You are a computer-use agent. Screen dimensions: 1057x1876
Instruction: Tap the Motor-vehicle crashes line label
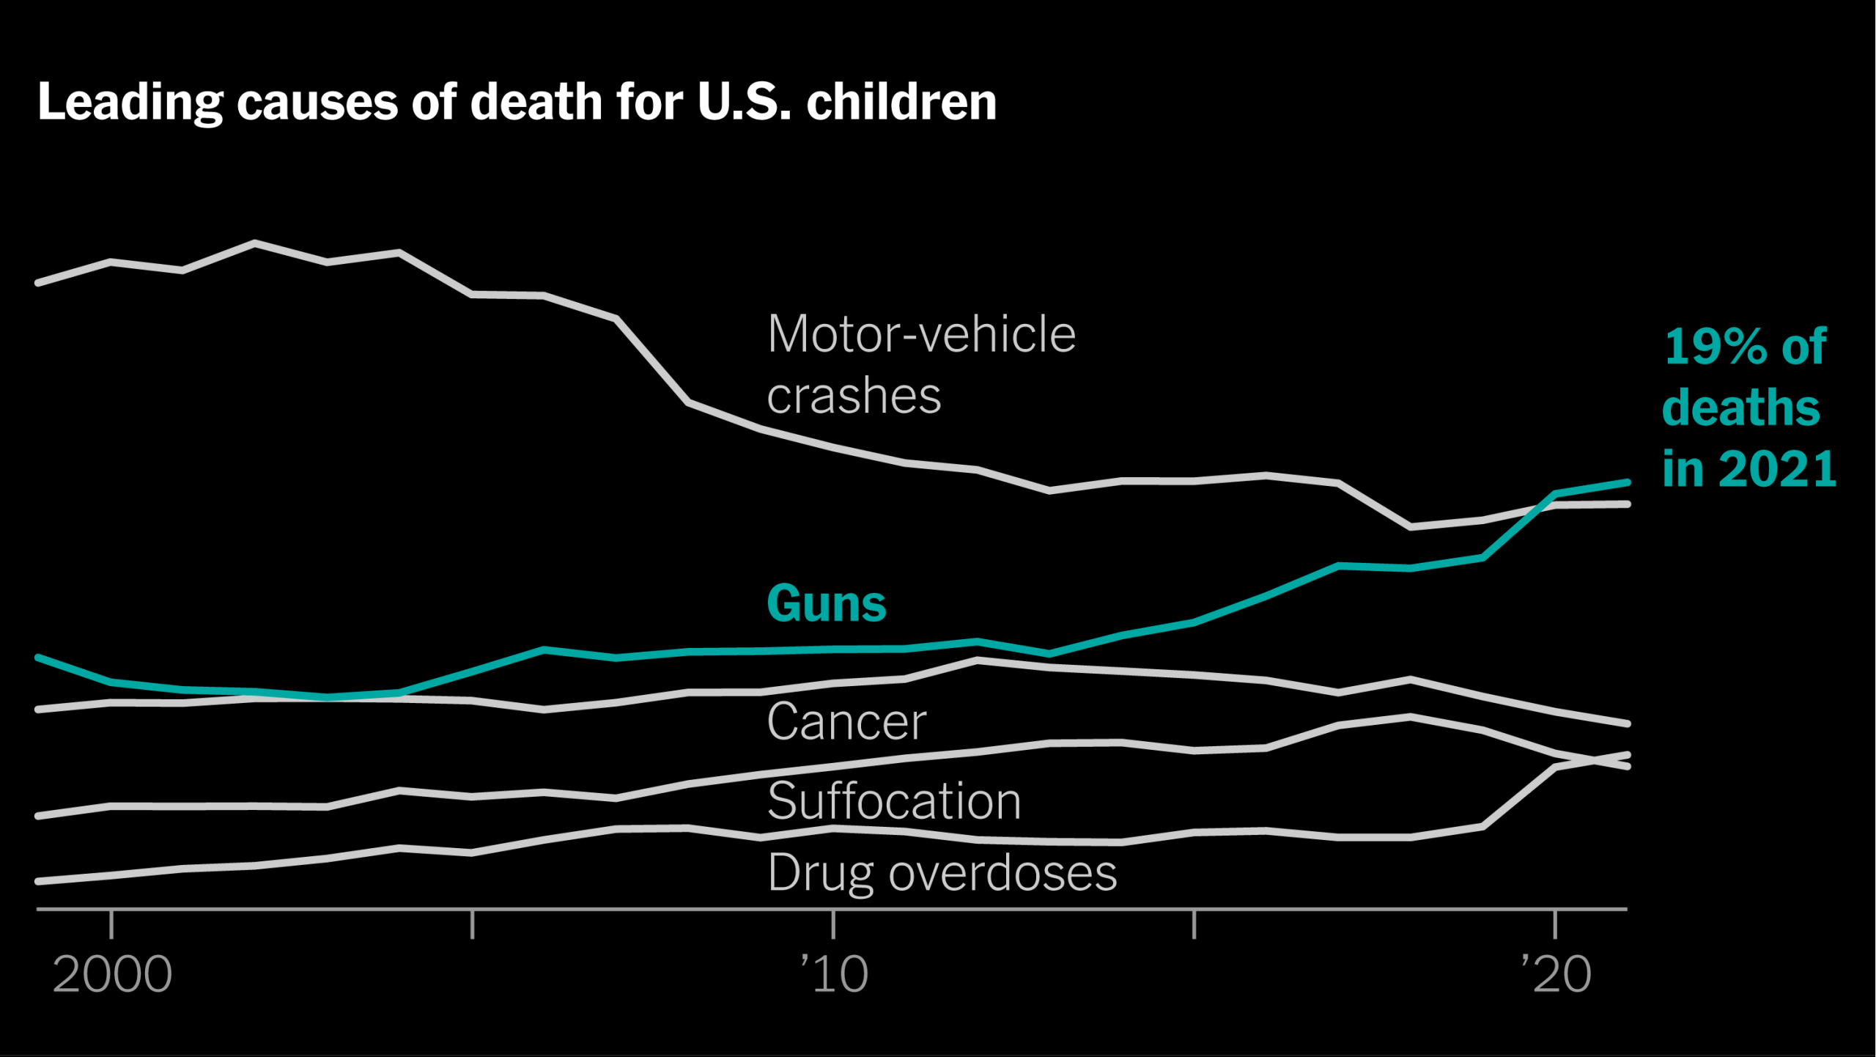920,364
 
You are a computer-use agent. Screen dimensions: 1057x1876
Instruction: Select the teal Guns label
826,603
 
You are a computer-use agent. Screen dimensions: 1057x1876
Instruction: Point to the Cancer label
846,721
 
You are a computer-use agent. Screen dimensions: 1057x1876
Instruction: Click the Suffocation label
893,800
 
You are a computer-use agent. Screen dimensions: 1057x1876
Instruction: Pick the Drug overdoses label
942,872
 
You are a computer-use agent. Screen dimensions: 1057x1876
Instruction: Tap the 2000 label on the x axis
112,975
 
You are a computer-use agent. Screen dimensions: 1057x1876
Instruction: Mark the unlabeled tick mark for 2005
473,924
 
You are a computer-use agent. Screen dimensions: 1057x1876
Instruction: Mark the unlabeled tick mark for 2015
1194,924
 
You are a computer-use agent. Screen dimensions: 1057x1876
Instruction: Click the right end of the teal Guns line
1627,482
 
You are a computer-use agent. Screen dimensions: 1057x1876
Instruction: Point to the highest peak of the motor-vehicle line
254,243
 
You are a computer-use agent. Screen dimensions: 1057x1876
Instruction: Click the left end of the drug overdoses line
38,881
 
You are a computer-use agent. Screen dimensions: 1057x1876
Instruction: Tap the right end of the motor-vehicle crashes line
1627,504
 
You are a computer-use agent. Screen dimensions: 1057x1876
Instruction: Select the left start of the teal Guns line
38,658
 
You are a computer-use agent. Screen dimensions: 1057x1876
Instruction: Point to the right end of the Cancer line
1627,723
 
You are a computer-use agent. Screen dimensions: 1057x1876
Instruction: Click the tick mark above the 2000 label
111,924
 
